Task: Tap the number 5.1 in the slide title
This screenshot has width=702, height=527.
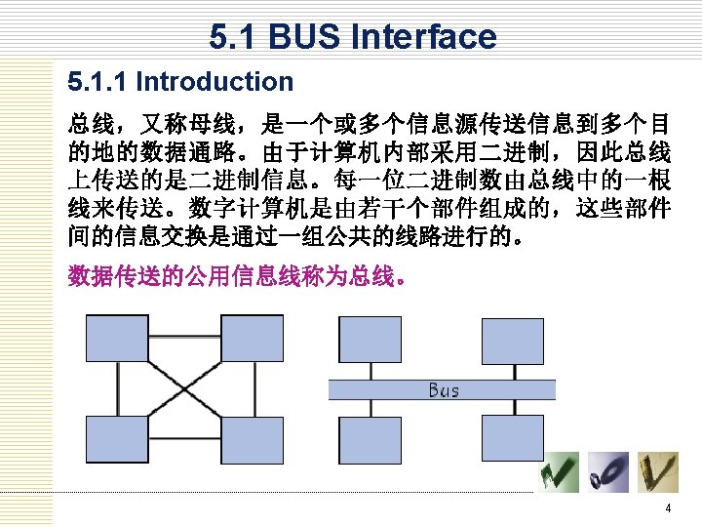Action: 234,37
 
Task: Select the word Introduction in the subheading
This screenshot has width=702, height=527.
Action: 214,82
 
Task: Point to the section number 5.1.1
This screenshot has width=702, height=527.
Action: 97,82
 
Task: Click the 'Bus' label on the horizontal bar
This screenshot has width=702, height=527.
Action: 444,390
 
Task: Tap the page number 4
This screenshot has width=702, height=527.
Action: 668,509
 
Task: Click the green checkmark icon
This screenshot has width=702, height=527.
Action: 563,472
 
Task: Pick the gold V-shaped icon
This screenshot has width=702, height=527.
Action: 658,472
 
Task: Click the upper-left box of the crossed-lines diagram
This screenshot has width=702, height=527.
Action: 116,340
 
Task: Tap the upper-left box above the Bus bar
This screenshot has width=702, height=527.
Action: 367,340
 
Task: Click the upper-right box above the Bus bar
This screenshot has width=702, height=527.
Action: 513,340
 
